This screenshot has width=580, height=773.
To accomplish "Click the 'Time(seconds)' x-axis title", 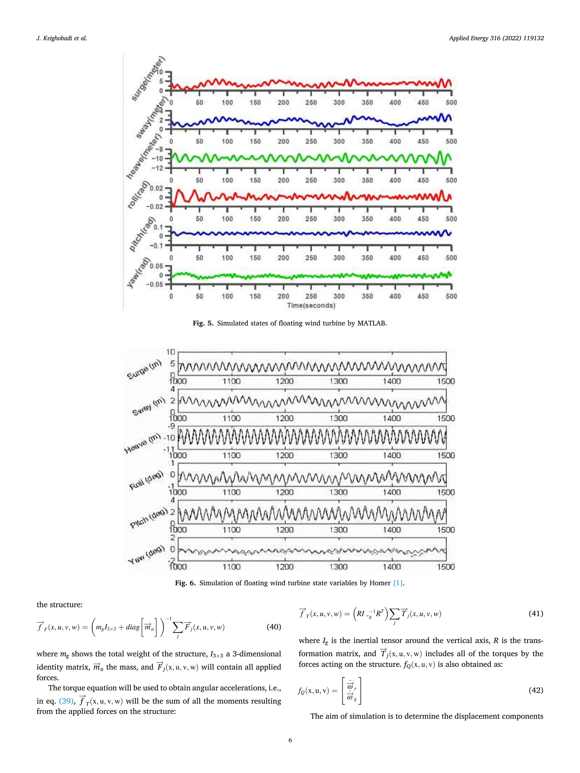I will tap(311, 305).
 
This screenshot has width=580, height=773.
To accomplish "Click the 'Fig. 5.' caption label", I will tap(203, 323).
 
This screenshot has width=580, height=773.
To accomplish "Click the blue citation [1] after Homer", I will tap(398, 583).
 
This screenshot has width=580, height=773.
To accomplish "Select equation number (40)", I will tap(274, 627).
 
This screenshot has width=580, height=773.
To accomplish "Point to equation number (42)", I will tap(536, 690).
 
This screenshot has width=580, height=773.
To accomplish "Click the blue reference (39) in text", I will tap(66, 701).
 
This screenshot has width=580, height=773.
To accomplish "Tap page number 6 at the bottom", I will tap(290, 740).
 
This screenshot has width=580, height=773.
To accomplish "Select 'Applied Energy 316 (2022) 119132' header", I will tap(496, 38).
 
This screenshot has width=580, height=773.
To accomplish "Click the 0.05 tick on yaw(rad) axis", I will tap(156, 266).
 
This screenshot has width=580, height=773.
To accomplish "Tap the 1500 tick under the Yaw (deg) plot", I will tap(446, 567).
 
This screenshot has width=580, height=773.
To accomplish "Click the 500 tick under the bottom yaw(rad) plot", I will tap(451, 296).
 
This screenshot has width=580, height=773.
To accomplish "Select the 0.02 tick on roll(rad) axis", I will tap(156, 188).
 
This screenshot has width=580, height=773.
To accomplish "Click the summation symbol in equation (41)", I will tap(394, 614).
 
